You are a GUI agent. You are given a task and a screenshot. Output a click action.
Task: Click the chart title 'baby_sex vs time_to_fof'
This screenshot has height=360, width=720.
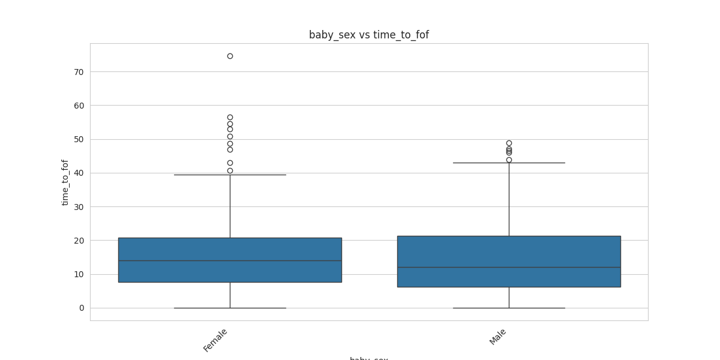click(x=368, y=35)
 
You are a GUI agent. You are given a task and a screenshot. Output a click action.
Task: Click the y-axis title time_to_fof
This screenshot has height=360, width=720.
click(x=65, y=182)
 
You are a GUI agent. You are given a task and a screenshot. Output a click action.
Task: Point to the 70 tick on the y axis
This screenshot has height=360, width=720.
click(x=79, y=72)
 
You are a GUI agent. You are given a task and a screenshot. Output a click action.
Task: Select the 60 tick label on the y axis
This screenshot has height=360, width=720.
click(x=79, y=106)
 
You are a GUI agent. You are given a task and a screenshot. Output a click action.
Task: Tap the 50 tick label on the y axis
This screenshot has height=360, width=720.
click(x=79, y=139)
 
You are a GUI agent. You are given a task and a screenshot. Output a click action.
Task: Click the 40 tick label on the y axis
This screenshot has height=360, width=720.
click(x=79, y=173)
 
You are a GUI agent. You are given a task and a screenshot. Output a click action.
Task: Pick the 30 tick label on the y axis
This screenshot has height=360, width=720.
click(x=79, y=207)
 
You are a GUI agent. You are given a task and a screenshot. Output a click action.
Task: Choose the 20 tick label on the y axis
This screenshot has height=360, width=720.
click(x=79, y=241)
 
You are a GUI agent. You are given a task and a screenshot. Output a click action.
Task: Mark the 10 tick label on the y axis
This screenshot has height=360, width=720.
click(x=79, y=275)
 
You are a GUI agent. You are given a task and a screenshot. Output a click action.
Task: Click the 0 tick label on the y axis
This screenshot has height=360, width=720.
click(x=81, y=308)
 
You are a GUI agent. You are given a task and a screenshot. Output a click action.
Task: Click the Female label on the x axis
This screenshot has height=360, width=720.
click(x=215, y=340)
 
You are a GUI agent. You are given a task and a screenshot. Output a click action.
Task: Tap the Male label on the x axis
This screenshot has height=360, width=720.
click(x=498, y=337)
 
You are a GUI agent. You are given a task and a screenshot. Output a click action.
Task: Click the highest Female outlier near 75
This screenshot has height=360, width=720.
click(x=230, y=56)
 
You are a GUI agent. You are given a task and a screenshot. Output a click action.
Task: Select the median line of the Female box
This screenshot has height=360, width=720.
click(x=230, y=260)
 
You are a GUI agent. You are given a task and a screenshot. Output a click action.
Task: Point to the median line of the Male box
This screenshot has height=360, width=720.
click(x=509, y=267)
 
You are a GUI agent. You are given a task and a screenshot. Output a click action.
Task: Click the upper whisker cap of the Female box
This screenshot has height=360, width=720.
click(x=230, y=175)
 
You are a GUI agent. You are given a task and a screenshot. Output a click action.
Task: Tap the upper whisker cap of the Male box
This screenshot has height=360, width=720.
click(x=509, y=163)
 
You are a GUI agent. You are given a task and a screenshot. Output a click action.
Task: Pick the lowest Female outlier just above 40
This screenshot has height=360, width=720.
click(x=230, y=170)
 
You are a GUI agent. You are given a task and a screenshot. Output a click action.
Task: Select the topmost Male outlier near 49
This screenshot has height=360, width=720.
click(x=509, y=143)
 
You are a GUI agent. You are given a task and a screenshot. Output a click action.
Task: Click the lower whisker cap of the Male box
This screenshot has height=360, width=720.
click(x=509, y=308)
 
